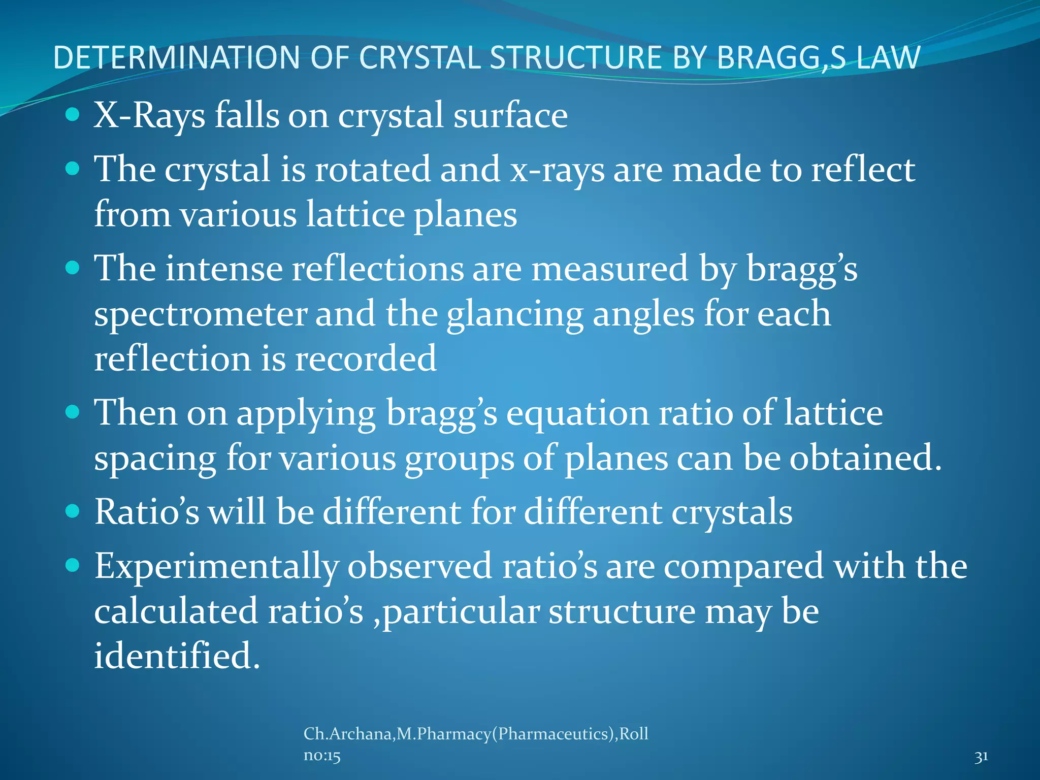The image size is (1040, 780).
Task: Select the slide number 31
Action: (x=981, y=757)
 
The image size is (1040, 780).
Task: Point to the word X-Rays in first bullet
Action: (x=149, y=116)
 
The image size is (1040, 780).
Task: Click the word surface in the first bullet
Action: (x=510, y=116)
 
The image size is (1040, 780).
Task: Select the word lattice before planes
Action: (x=355, y=214)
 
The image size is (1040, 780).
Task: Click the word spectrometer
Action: (x=200, y=314)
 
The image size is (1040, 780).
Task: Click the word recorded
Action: (x=365, y=359)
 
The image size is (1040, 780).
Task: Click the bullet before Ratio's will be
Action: (x=73, y=511)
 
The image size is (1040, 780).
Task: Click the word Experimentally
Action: (x=216, y=567)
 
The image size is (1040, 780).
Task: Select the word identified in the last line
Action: (x=176, y=656)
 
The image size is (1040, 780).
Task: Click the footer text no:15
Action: (x=322, y=756)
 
